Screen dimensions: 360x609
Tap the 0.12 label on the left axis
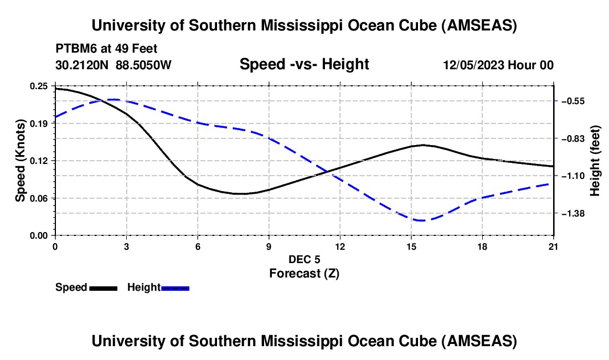[39, 161]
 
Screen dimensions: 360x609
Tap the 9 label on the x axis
[269, 246]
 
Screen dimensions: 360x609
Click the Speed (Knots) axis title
[20, 160]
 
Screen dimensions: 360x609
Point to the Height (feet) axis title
[595, 161]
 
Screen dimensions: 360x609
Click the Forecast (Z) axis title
[304, 273]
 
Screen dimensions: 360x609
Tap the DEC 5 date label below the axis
[304, 259]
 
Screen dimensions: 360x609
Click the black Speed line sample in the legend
[103, 288]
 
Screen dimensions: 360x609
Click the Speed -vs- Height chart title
[304, 65]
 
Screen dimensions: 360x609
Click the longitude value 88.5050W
[143, 65]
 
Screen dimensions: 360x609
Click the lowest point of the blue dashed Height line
[421, 220]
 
